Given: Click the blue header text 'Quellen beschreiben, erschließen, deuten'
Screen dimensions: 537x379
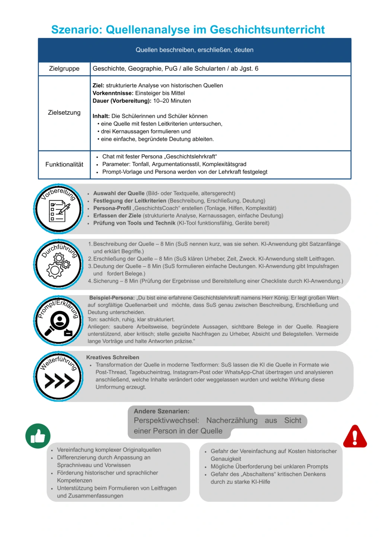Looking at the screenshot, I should [x=194, y=50].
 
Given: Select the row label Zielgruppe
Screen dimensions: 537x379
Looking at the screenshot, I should [x=64, y=69].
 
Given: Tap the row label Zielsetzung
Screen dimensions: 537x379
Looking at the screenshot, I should [x=64, y=113].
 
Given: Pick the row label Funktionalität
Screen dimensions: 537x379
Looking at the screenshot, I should [x=64, y=164].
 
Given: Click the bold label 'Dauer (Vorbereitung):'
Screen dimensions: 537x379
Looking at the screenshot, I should [x=122, y=101].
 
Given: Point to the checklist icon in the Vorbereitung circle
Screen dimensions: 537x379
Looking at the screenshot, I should [x=59, y=212].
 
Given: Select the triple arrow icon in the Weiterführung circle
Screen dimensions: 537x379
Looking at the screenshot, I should [x=59, y=381].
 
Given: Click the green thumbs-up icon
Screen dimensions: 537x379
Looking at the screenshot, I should [x=38, y=436].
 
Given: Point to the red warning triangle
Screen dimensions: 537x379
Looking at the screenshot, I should [x=355, y=437].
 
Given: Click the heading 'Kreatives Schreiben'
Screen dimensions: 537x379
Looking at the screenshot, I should [x=112, y=357].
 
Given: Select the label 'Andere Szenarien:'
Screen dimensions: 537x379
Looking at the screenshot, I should [x=162, y=411].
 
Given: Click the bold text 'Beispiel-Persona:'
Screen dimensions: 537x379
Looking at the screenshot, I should [x=112, y=298].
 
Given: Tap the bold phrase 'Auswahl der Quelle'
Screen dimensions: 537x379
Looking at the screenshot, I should [x=119, y=193].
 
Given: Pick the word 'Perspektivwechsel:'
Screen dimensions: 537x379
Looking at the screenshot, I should [x=166, y=421].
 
